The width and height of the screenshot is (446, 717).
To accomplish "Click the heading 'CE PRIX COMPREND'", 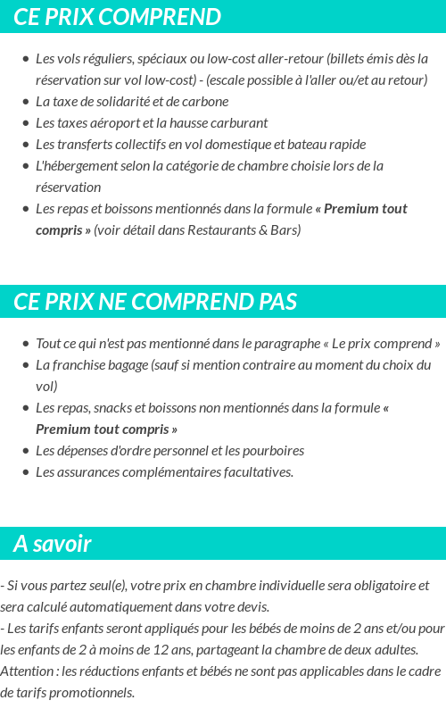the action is coord(117,17).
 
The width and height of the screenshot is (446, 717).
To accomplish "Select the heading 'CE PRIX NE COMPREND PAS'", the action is coord(155,302).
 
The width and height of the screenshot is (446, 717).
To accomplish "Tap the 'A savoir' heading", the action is coord(53,544).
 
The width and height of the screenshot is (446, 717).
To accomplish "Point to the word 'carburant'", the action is coord(240,123).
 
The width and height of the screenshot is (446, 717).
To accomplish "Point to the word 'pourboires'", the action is coord(274,451).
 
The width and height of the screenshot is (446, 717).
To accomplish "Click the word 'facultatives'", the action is coord(256,472).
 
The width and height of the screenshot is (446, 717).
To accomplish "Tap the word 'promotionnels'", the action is coord(93,693).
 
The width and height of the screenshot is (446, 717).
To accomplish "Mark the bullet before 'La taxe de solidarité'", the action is coord(26,102).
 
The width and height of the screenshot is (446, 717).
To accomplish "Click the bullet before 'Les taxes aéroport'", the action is coord(26,123).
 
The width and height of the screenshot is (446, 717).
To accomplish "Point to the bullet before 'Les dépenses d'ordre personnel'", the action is coord(26,451).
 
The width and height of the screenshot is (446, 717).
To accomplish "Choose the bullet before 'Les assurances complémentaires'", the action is coord(26,472).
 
